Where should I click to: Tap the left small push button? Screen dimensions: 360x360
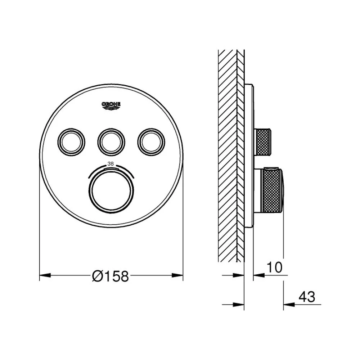click(x=71, y=142)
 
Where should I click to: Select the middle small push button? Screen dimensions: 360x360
click(x=111, y=142)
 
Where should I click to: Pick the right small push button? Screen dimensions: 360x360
click(x=151, y=142)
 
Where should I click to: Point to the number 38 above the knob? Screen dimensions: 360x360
click(x=111, y=164)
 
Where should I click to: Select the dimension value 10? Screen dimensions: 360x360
click(x=275, y=267)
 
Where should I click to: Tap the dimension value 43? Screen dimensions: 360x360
click(x=307, y=297)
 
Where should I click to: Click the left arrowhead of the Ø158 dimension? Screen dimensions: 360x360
click(x=45, y=275)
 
